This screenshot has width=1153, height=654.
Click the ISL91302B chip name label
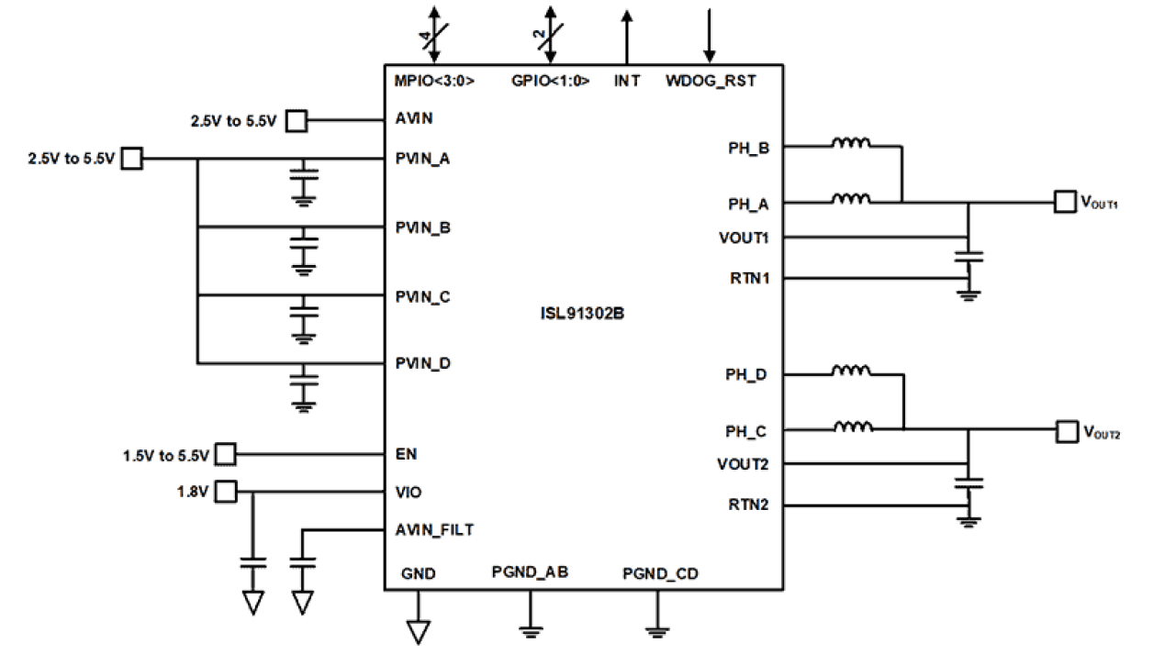583,313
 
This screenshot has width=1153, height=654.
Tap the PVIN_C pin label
422,296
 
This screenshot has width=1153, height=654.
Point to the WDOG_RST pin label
711,81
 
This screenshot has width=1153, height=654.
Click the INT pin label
627,81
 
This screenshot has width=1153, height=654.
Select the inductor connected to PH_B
851,144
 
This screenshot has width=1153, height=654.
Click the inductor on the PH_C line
851,427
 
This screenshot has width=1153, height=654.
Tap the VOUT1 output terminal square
1065,201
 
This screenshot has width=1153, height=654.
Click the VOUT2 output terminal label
1102,432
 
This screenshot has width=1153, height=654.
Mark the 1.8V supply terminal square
226,493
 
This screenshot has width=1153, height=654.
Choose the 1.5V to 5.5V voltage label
166,455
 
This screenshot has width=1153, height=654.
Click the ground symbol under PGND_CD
656,629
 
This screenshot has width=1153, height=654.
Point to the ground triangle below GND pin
419,632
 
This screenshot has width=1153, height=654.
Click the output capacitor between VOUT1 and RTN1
968,256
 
